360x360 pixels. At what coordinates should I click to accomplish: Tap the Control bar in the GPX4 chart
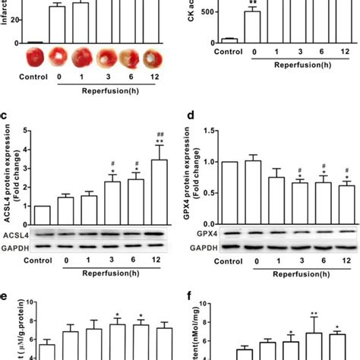click(229, 193)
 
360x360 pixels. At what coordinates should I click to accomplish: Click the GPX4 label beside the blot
click(201, 235)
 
